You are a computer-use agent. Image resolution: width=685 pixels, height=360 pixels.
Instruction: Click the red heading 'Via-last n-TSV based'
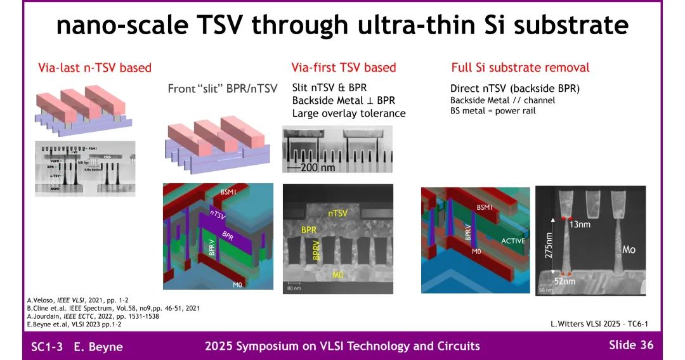(95, 68)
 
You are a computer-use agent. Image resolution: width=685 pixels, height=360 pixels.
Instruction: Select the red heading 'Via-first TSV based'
(343, 68)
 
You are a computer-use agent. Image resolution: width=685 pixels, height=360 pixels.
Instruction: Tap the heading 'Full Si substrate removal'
(520, 68)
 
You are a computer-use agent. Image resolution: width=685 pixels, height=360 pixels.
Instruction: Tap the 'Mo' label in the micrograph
(628, 249)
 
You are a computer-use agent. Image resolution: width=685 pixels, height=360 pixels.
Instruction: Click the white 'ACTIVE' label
(513, 241)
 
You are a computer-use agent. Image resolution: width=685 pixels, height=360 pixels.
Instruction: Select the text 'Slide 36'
(630, 345)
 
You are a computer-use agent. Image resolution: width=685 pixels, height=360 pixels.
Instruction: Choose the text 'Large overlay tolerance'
(348, 113)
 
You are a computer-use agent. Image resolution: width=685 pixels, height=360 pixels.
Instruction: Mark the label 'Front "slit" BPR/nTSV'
(222, 89)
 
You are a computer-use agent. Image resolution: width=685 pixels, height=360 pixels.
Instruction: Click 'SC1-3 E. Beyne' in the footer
(77, 346)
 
